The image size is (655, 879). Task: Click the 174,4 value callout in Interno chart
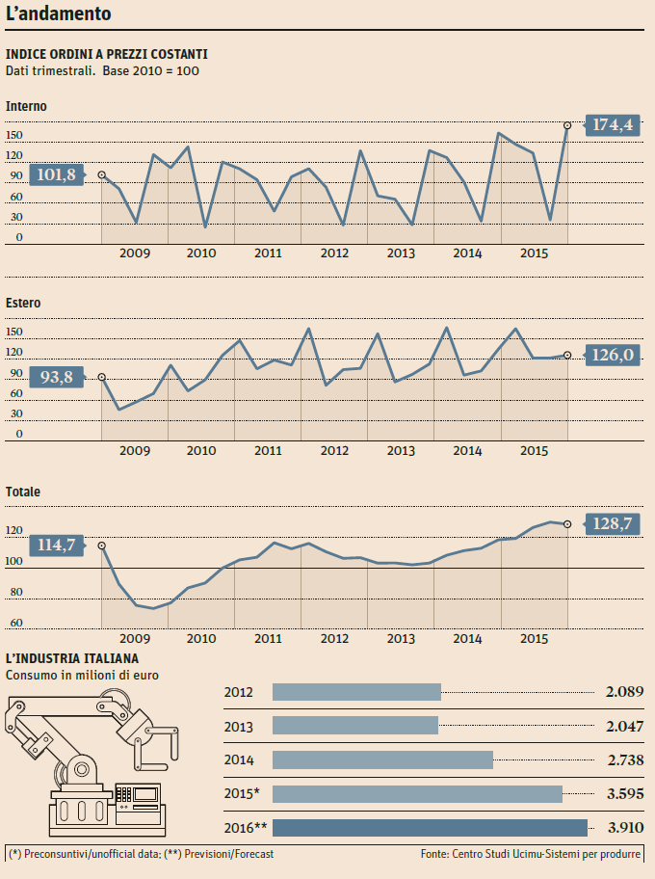point(613,125)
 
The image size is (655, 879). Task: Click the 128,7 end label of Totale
point(613,523)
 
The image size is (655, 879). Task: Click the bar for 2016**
point(430,827)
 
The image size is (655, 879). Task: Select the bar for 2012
point(356,692)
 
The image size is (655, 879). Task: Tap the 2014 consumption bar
point(382,759)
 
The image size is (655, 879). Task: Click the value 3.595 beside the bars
point(624,793)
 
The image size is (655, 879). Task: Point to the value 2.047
point(624,726)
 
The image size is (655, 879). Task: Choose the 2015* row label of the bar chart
point(242,793)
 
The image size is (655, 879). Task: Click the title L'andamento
point(58,14)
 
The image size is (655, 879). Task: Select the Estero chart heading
point(23,303)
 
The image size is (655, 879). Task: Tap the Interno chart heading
point(26,106)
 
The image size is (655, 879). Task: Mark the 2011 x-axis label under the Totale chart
point(268,638)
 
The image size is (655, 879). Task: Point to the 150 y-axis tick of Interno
point(14,136)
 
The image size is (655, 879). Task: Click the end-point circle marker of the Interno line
point(567,125)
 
